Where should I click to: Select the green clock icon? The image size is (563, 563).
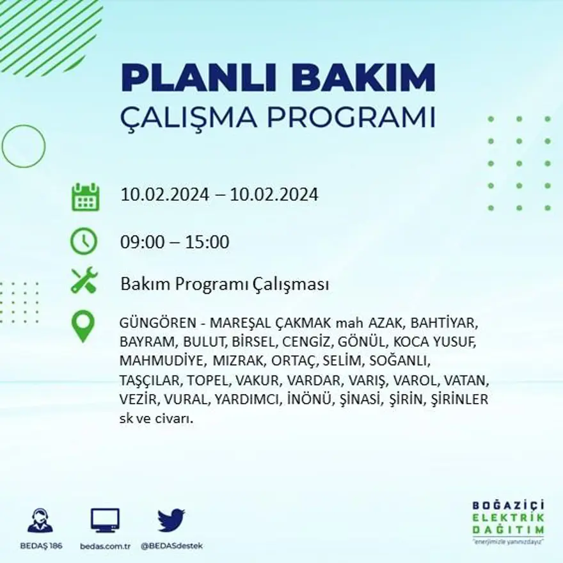coord(84,241)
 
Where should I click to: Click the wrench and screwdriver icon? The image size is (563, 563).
coord(84,280)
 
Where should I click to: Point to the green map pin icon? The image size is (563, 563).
coord(83,325)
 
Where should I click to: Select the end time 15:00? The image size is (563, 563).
coord(207,242)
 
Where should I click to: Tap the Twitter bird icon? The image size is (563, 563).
coord(171,521)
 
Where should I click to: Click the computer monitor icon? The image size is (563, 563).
coord(105,521)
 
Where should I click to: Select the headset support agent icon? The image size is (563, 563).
coord(40,521)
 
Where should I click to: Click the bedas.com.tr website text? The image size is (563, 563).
coord(106,546)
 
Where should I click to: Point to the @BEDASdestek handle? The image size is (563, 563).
coord(171,546)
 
